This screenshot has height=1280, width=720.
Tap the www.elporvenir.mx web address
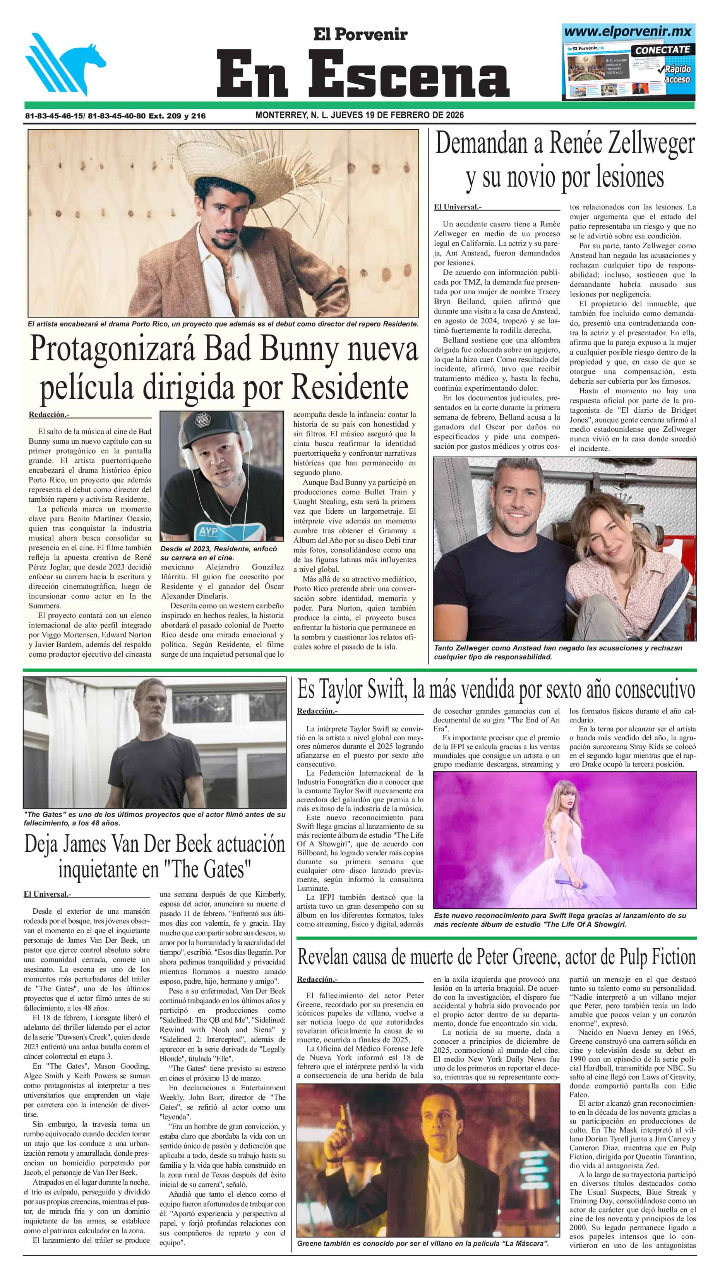click(627, 31)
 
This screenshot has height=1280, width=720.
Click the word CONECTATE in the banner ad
click(662, 50)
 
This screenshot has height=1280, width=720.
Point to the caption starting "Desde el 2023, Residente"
click(219, 552)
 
